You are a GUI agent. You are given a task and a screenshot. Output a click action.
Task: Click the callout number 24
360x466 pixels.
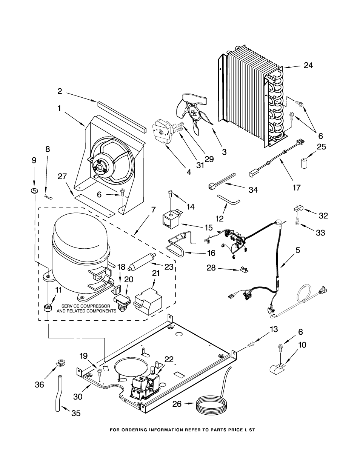(x=308, y=65)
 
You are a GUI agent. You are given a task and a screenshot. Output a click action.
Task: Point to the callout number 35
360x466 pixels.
(x=76, y=413)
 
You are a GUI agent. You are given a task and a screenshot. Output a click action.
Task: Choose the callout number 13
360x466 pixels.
(x=274, y=329)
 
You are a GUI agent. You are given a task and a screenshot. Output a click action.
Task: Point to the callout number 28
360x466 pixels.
(x=211, y=268)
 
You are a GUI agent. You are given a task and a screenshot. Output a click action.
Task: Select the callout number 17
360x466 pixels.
(x=297, y=187)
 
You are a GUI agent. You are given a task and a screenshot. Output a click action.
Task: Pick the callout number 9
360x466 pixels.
(x=34, y=160)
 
